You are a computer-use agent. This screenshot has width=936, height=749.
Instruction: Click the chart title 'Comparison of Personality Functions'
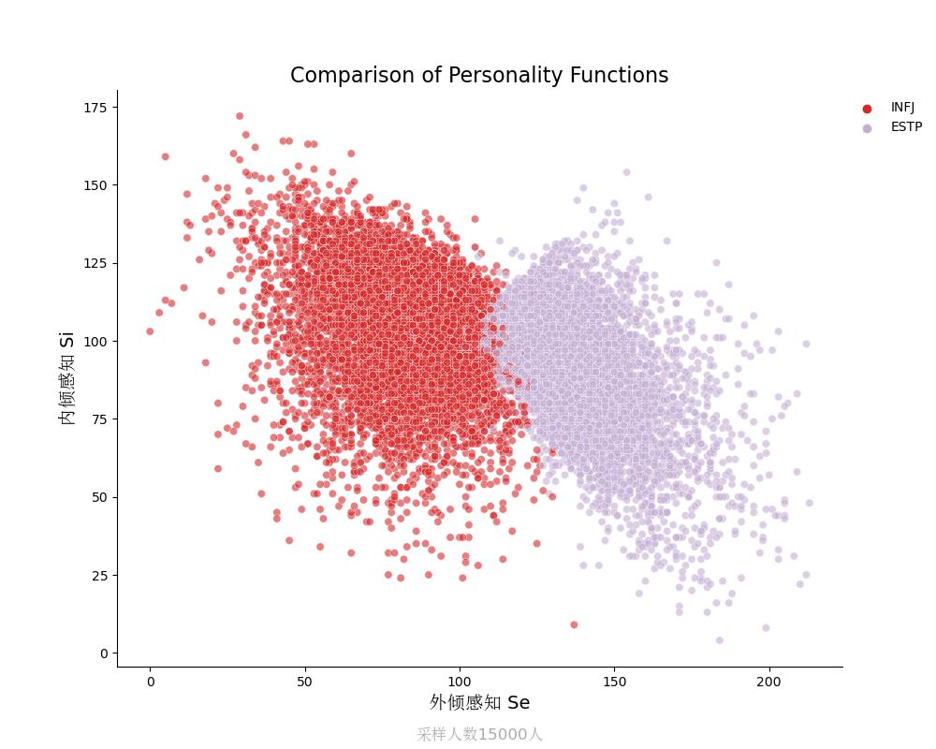click(479, 76)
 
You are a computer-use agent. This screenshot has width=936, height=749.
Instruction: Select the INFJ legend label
click(902, 108)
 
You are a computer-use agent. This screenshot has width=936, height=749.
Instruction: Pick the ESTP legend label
click(906, 127)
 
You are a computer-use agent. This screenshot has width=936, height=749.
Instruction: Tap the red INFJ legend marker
click(867, 109)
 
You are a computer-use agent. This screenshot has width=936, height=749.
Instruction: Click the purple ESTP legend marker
click(867, 128)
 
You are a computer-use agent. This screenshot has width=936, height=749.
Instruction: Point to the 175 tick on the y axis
click(95, 108)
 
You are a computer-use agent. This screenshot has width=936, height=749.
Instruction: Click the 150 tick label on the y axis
click(95, 185)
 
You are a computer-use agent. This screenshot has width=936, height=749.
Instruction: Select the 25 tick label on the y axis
click(98, 575)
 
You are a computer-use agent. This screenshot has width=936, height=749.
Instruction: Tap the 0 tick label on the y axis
click(102, 653)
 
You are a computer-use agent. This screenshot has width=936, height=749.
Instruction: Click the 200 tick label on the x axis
click(769, 682)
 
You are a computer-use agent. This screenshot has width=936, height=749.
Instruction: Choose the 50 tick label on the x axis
click(304, 682)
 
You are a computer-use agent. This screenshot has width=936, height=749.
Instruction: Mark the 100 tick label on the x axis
click(460, 682)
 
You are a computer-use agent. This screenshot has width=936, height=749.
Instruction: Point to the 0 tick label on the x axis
click(150, 682)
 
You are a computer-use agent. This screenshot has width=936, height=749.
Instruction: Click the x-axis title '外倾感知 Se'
click(479, 702)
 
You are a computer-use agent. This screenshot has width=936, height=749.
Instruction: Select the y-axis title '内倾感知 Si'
click(67, 378)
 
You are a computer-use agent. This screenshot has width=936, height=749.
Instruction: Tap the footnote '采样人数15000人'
click(479, 734)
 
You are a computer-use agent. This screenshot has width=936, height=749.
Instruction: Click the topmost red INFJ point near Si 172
click(240, 116)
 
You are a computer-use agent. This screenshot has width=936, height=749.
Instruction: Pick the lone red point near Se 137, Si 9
click(574, 624)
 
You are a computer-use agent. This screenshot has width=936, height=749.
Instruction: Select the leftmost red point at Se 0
click(150, 331)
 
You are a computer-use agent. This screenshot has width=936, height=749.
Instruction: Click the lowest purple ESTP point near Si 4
click(719, 640)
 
